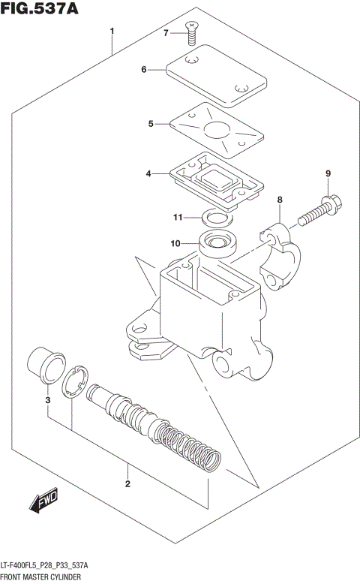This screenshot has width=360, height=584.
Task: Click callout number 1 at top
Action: [x=112, y=32]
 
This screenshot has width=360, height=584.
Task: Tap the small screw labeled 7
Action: [x=193, y=31]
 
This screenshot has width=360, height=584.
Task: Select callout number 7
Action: [x=166, y=32]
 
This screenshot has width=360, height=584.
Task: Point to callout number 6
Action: [x=143, y=70]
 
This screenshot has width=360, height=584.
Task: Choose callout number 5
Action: [x=150, y=123]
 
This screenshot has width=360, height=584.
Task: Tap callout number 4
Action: [x=148, y=173]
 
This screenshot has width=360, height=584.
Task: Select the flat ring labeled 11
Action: [x=216, y=219]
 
